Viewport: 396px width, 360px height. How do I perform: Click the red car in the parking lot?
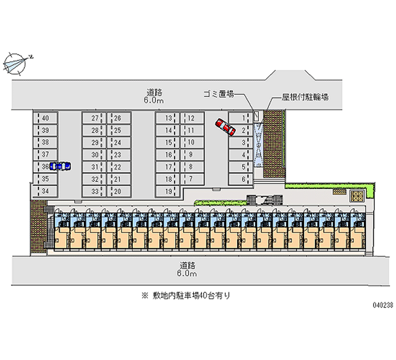click(225, 127)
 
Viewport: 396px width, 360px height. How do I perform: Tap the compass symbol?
click(15, 63)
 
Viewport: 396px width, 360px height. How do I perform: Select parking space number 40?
click(45, 118)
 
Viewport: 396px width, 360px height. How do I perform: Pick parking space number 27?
click(95, 118)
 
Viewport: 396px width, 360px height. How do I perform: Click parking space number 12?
click(192, 118)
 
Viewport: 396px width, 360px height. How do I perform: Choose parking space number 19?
click(168, 191)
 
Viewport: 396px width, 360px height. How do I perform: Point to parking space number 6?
click(240, 179)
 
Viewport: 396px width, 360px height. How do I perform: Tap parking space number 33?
click(95, 191)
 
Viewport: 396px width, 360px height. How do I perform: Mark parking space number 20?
click(119, 191)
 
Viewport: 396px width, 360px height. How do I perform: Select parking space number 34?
click(45, 191)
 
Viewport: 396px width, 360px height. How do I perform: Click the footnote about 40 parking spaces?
click(186, 296)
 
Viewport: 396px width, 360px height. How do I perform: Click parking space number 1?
click(240, 118)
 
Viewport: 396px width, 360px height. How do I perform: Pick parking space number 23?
click(119, 155)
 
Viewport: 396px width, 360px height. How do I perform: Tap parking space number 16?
click(168, 155)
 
